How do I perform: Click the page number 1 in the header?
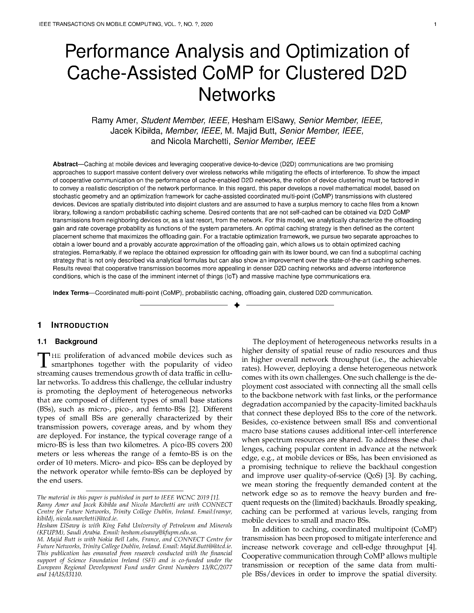[x=435, y=24]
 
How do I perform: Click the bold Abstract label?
[x=66, y=164]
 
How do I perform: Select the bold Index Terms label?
[x=71, y=293]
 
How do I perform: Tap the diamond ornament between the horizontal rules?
[x=237, y=305]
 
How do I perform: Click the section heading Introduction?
[x=80, y=326]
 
